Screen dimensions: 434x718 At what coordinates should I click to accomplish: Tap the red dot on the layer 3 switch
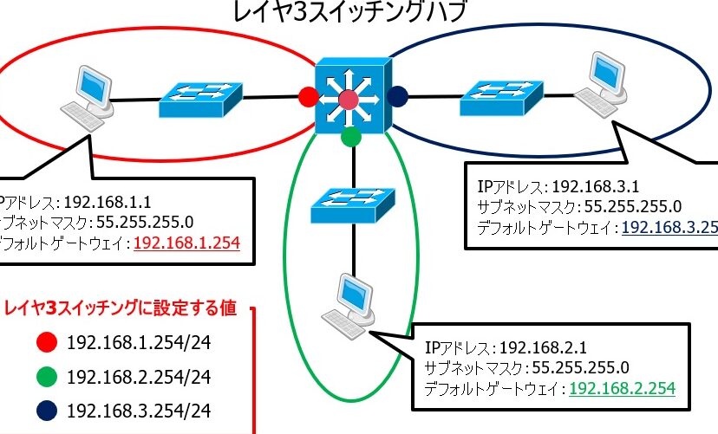coord(307,96)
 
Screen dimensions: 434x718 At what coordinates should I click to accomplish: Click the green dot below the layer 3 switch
coord(350,136)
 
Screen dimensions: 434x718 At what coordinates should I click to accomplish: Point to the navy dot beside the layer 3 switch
coord(398,96)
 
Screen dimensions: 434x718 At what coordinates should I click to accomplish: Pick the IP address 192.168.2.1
coord(531,348)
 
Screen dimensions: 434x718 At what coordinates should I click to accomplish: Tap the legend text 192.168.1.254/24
coord(139,342)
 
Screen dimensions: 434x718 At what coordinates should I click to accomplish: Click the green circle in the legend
coord(48,377)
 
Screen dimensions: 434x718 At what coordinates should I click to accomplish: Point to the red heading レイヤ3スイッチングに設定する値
coord(126,308)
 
